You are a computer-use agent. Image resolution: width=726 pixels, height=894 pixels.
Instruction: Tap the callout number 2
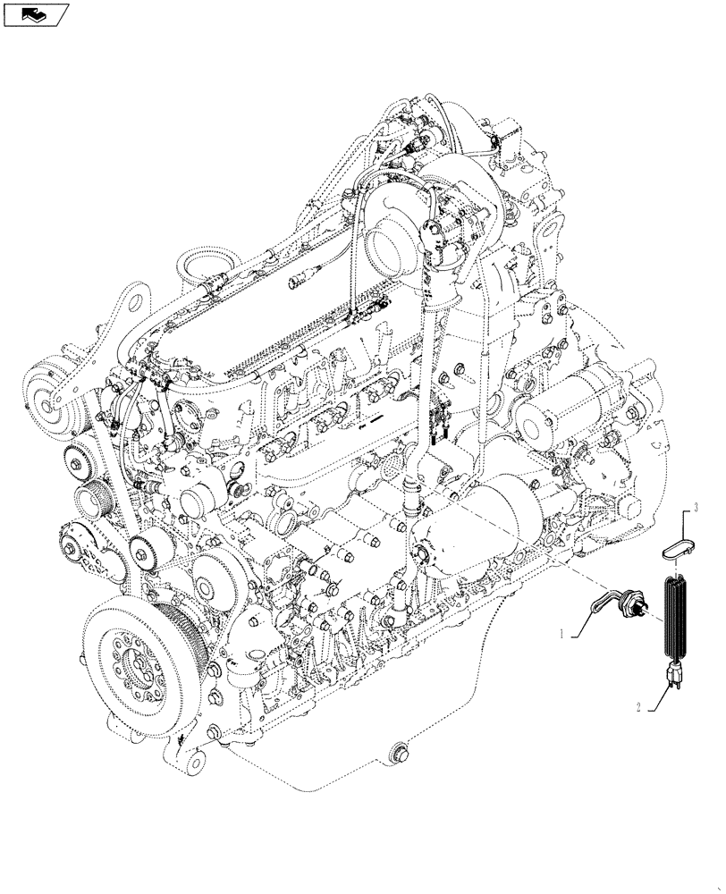(638, 706)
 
